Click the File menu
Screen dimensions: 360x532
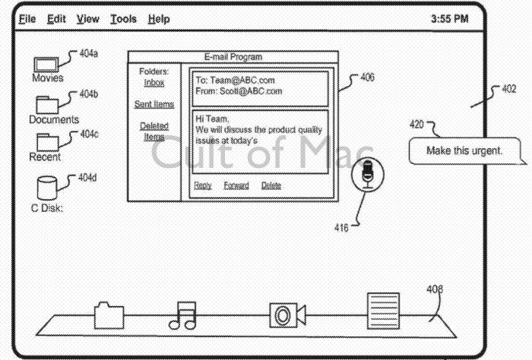27,18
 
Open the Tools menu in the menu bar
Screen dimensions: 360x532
124,18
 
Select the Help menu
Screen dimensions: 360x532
159,18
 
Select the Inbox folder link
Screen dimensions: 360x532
154,83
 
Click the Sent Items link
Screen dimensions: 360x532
154,104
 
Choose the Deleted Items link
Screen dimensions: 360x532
154,131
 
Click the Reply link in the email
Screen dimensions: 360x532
202,185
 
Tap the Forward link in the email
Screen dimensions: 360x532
236,185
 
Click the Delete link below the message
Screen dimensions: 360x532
271,185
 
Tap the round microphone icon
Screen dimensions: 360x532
368,174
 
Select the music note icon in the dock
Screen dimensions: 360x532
182,314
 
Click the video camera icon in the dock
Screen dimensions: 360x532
287,314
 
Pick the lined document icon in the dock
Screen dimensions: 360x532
382,311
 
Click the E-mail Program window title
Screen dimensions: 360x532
233,57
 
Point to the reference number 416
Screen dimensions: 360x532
341,226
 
